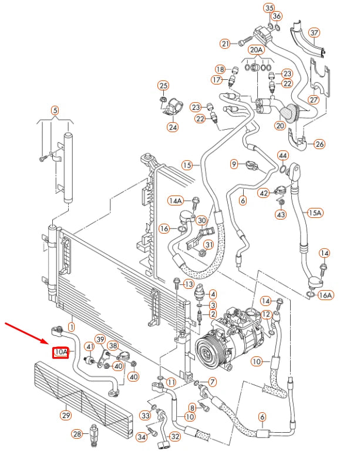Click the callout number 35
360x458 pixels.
[x=270, y=8]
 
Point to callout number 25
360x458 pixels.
[x=163, y=86]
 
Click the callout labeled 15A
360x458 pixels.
[x=315, y=212]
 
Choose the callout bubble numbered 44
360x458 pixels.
[x=282, y=156]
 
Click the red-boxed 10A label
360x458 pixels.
[x=61, y=352]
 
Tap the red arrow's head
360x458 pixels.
[x=51, y=343]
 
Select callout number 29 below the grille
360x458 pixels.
[x=66, y=416]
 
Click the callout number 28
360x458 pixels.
[x=77, y=434]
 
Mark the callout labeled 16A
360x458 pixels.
[x=325, y=295]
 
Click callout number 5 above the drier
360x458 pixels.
[x=55, y=109]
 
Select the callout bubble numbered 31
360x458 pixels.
[x=208, y=244]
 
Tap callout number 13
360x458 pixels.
[x=189, y=284]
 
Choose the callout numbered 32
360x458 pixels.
[x=174, y=436]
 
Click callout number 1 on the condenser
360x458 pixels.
[x=72, y=326]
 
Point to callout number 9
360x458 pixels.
[x=234, y=163]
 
